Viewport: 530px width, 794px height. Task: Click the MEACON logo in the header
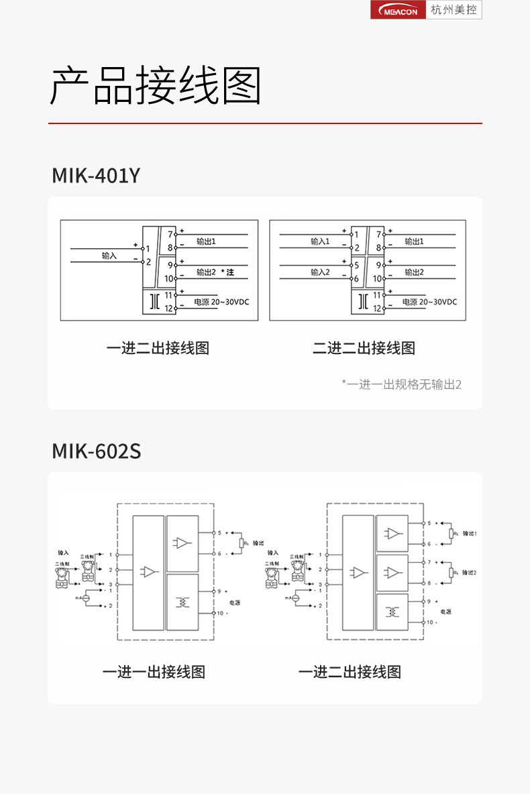[x=399, y=10]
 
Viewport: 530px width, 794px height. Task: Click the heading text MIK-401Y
[x=96, y=176]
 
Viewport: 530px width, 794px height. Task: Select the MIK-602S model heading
[x=96, y=451]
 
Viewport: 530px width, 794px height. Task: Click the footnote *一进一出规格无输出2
[x=401, y=384]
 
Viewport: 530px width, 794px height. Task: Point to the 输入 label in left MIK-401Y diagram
[x=109, y=256]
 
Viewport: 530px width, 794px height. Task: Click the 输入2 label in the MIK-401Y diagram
[x=320, y=272]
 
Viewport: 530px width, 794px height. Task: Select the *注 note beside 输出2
[x=227, y=272]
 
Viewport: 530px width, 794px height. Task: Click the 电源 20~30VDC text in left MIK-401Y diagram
[x=221, y=302]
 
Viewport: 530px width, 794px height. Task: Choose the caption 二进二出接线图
[x=364, y=348]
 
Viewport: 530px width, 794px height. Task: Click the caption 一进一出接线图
[x=154, y=672]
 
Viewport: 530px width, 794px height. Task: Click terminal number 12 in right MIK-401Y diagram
[x=377, y=309]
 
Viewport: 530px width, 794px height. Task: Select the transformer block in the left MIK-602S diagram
[x=182, y=602]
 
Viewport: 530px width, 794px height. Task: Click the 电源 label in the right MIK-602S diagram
[x=445, y=612]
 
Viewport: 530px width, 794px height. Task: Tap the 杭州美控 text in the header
[x=454, y=10]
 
